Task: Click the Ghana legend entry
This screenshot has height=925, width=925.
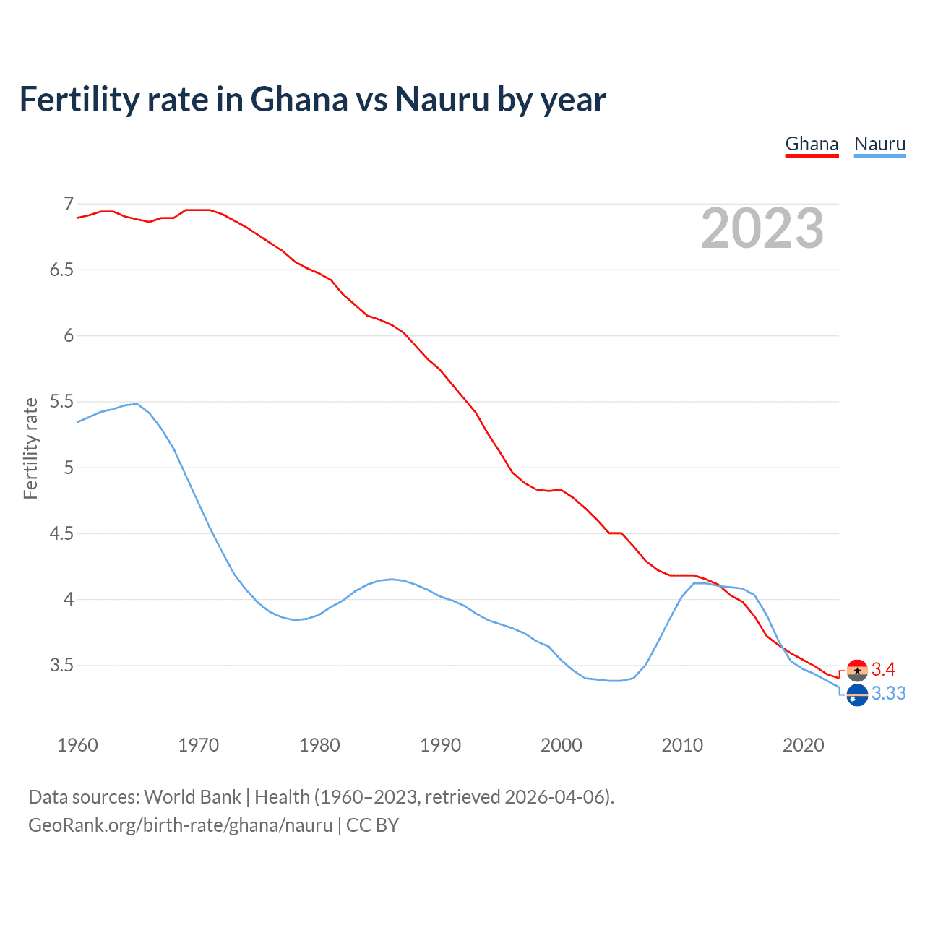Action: click(x=812, y=144)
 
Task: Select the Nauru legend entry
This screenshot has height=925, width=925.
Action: click(x=879, y=144)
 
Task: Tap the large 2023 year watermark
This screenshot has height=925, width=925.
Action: click(x=762, y=228)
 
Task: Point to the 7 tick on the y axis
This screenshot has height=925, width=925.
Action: click(x=69, y=205)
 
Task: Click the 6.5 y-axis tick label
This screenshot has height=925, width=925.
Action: click(x=61, y=270)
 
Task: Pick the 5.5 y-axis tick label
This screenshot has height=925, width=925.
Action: click(x=61, y=402)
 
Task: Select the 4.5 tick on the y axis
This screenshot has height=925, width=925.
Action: click(x=61, y=534)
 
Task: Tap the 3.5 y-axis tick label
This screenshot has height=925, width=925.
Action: click(x=61, y=666)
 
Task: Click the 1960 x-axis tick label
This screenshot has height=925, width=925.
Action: click(x=77, y=745)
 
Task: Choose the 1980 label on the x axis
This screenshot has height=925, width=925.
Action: click(x=319, y=745)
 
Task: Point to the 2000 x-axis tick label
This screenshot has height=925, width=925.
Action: click(x=561, y=745)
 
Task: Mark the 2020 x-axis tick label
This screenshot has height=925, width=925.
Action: click(x=803, y=745)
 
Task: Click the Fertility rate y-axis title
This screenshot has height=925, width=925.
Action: click(x=30, y=448)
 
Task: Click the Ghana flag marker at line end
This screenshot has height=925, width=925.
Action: click(x=857, y=671)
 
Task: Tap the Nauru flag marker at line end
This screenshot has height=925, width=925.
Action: click(x=857, y=695)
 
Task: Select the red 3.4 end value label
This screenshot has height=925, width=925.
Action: click(x=883, y=669)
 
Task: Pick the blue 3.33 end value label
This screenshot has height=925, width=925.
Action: click(x=888, y=694)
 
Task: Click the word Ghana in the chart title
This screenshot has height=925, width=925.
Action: click(x=299, y=99)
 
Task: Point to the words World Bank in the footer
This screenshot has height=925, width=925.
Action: click(x=192, y=797)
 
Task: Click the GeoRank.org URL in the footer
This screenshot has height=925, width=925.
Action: click(x=180, y=825)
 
